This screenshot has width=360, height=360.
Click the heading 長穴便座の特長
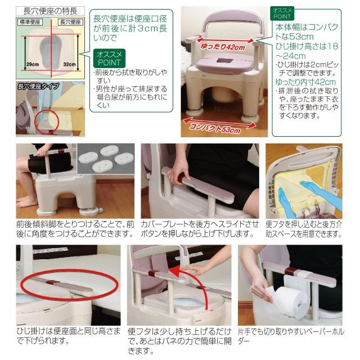(48, 11)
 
